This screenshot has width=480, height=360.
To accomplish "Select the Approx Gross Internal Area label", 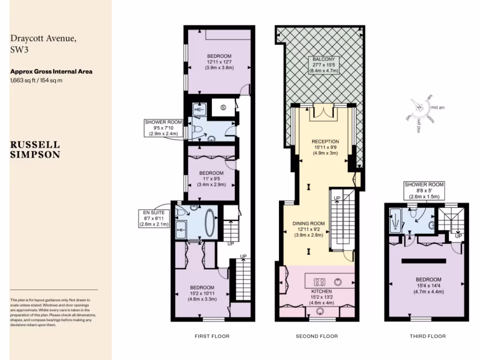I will click(51, 72).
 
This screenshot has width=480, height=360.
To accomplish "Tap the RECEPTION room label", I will click(325, 142).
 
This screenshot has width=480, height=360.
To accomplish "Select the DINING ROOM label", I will click(309, 224).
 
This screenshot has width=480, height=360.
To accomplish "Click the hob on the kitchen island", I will click(320, 282).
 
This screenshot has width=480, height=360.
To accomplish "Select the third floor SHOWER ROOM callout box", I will click(424, 191).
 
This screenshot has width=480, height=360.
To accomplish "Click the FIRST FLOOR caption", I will click(212, 336).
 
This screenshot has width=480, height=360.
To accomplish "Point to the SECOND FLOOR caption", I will click(316, 336).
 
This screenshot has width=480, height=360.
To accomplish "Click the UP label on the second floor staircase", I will click(337, 199).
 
